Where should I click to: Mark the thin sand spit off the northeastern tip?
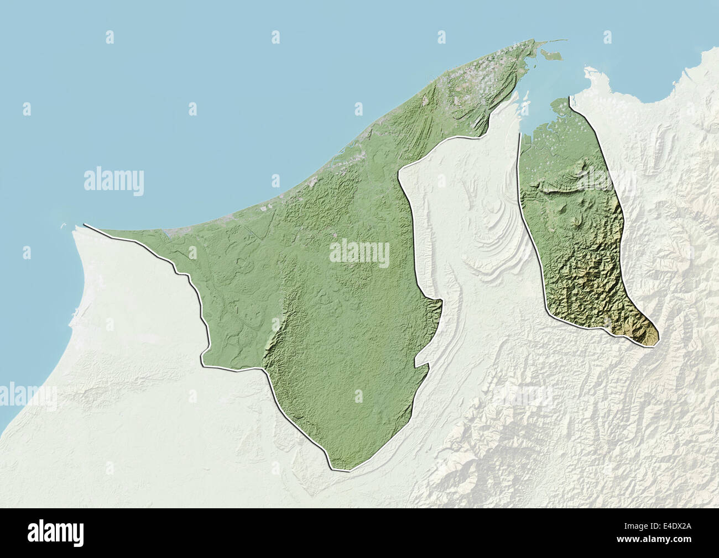tap(556, 40)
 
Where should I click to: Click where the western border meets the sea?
tap(85, 225)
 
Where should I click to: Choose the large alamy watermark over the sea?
tap(114, 181)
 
